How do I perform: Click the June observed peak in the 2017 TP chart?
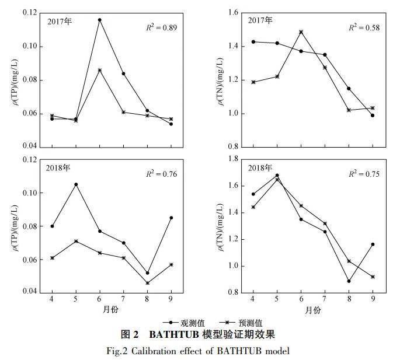[99, 20]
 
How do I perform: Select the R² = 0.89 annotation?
[161, 27]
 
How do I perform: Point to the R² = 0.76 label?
[161, 174]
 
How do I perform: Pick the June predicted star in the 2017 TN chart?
[301, 32]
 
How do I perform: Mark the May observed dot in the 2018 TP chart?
[76, 184]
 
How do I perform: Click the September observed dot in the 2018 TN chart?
[372, 244]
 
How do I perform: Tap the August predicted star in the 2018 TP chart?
[147, 283]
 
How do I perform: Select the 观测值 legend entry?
[186, 323]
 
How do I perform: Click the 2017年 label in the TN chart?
[260, 20]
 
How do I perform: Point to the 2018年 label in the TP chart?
[58, 167]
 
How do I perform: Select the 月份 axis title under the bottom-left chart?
[111, 310]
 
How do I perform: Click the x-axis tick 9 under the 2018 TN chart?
[372, 300]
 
